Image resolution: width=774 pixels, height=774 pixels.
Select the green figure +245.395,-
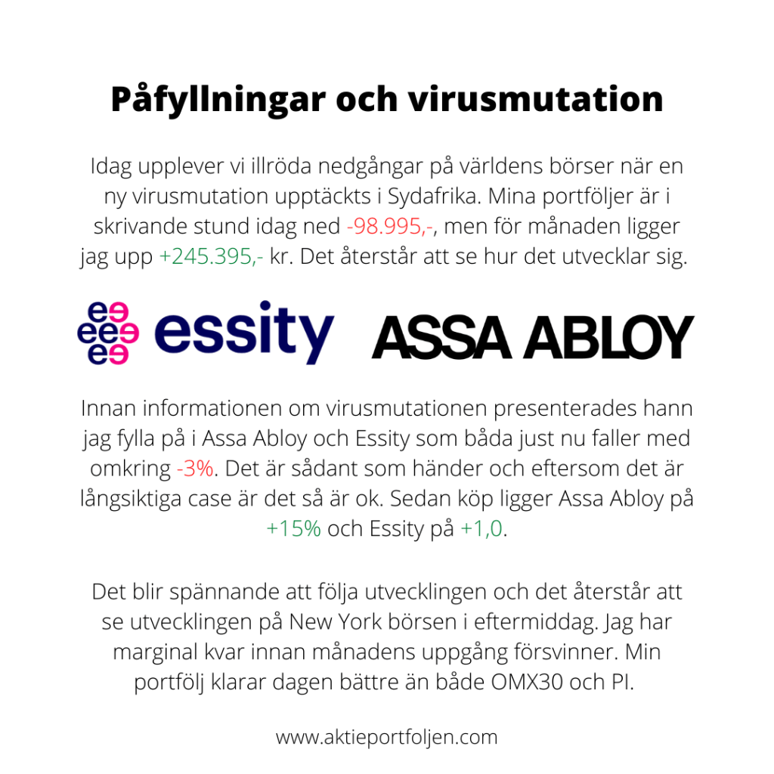point(212,257)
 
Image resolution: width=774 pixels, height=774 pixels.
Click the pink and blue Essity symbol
point(108,333)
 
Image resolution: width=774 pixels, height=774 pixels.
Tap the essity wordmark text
point(243,333)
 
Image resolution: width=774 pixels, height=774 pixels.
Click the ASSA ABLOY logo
point(532,338)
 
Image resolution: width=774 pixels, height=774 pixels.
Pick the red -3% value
point(196,468)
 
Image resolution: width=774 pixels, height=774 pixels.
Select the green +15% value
point(294,528)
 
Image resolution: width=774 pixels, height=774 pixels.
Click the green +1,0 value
point(481,528)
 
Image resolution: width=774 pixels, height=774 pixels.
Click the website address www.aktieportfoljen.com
point(387,737)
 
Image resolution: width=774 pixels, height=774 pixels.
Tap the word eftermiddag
point(576,621)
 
